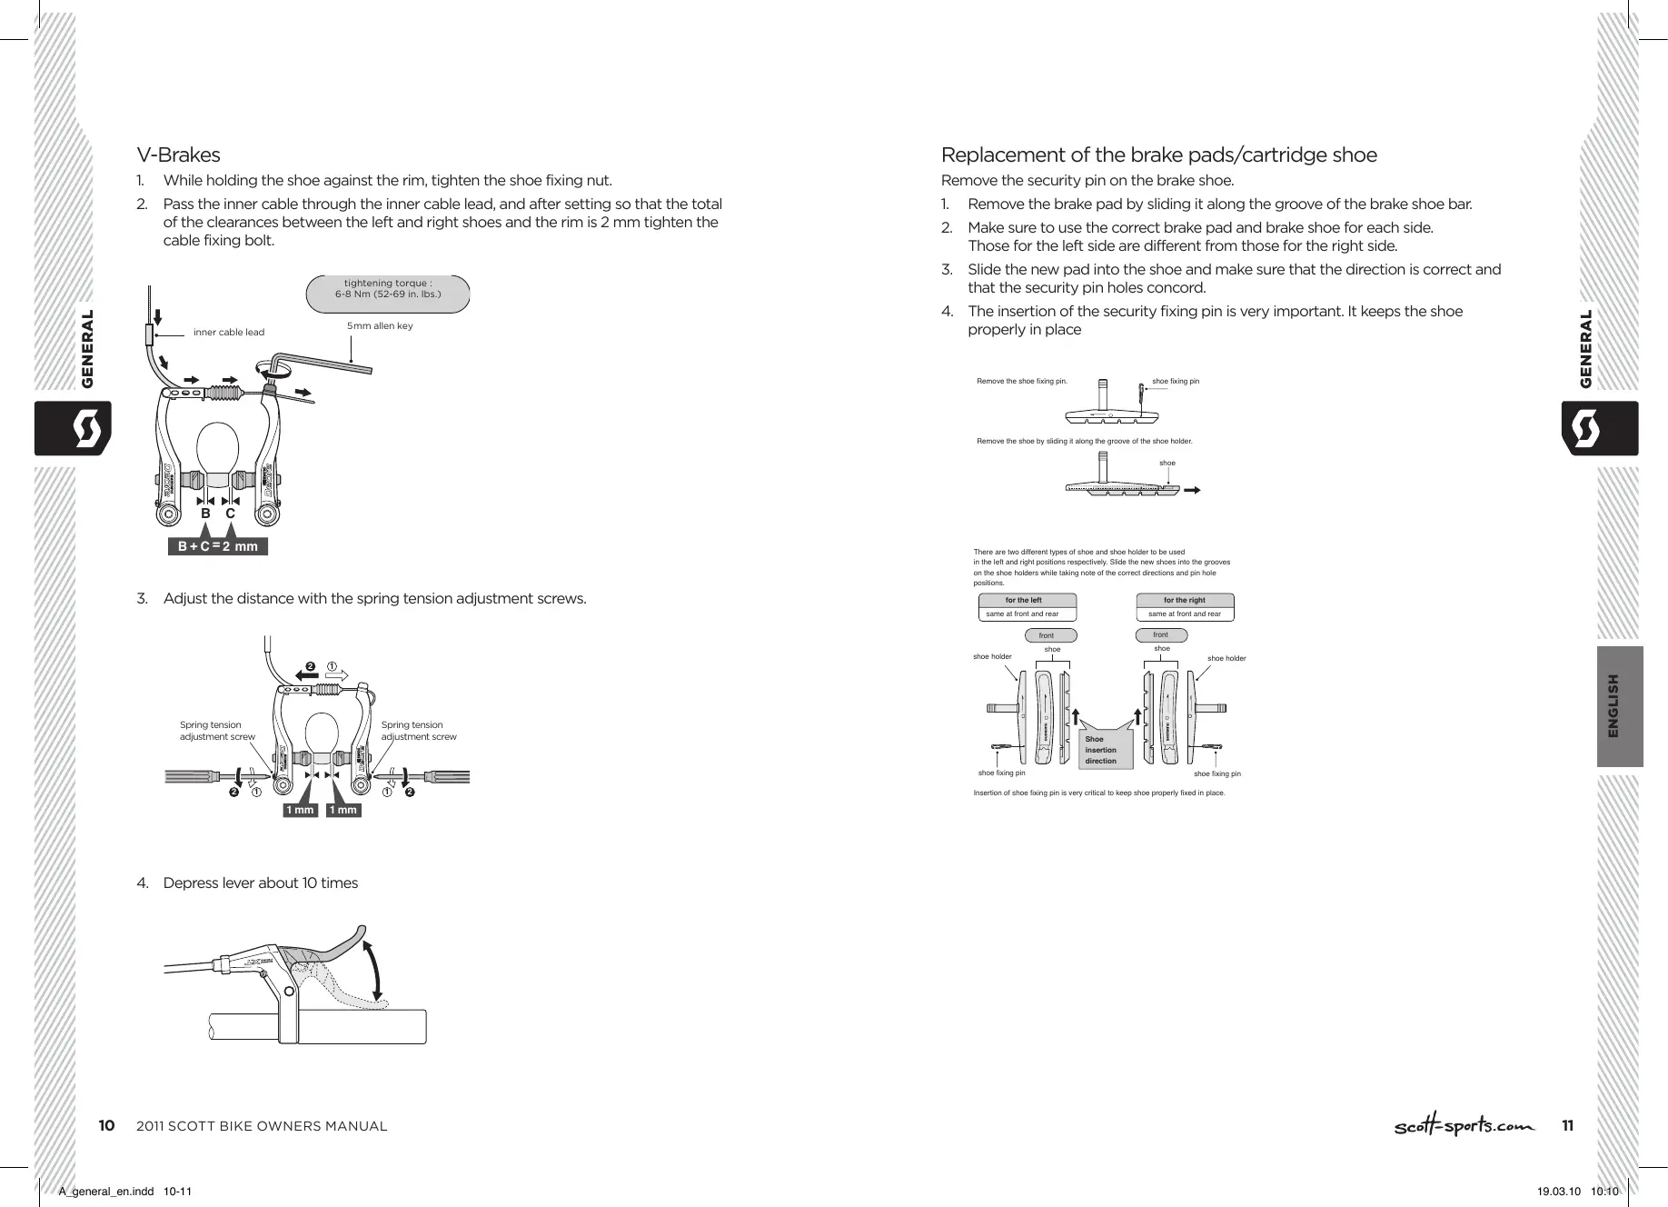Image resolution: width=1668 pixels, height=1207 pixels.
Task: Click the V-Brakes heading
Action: [x=178, y=155]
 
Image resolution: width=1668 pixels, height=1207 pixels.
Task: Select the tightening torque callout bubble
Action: [x=389, y=289]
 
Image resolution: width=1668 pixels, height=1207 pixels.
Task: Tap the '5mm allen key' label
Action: [x=380, y=325]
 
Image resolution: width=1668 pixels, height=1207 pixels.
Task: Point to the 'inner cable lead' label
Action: [x=229, y=333]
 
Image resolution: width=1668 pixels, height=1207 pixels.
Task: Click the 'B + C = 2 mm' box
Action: [x=218, y=546]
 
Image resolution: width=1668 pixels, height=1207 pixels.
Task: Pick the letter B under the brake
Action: [x=205, y=514]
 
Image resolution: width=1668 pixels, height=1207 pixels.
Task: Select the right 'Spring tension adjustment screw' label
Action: [x=419, y=731]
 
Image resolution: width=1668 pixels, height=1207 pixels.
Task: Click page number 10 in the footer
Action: [x=106, y=1126]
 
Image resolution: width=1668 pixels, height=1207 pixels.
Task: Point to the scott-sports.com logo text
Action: [x=1464, y=1126]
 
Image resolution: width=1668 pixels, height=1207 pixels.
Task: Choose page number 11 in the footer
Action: [x=1567, y=1126]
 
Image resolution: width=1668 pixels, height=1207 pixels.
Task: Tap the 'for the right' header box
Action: [x=1185, y=601]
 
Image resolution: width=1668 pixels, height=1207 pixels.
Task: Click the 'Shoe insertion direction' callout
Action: [x=1102, y=749]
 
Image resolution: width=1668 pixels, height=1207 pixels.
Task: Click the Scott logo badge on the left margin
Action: [x=73, y=428]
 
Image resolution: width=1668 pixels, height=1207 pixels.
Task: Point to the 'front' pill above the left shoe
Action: [x=1051, y=635]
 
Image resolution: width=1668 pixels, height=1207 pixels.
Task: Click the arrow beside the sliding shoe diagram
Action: [x=1193, y=489]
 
